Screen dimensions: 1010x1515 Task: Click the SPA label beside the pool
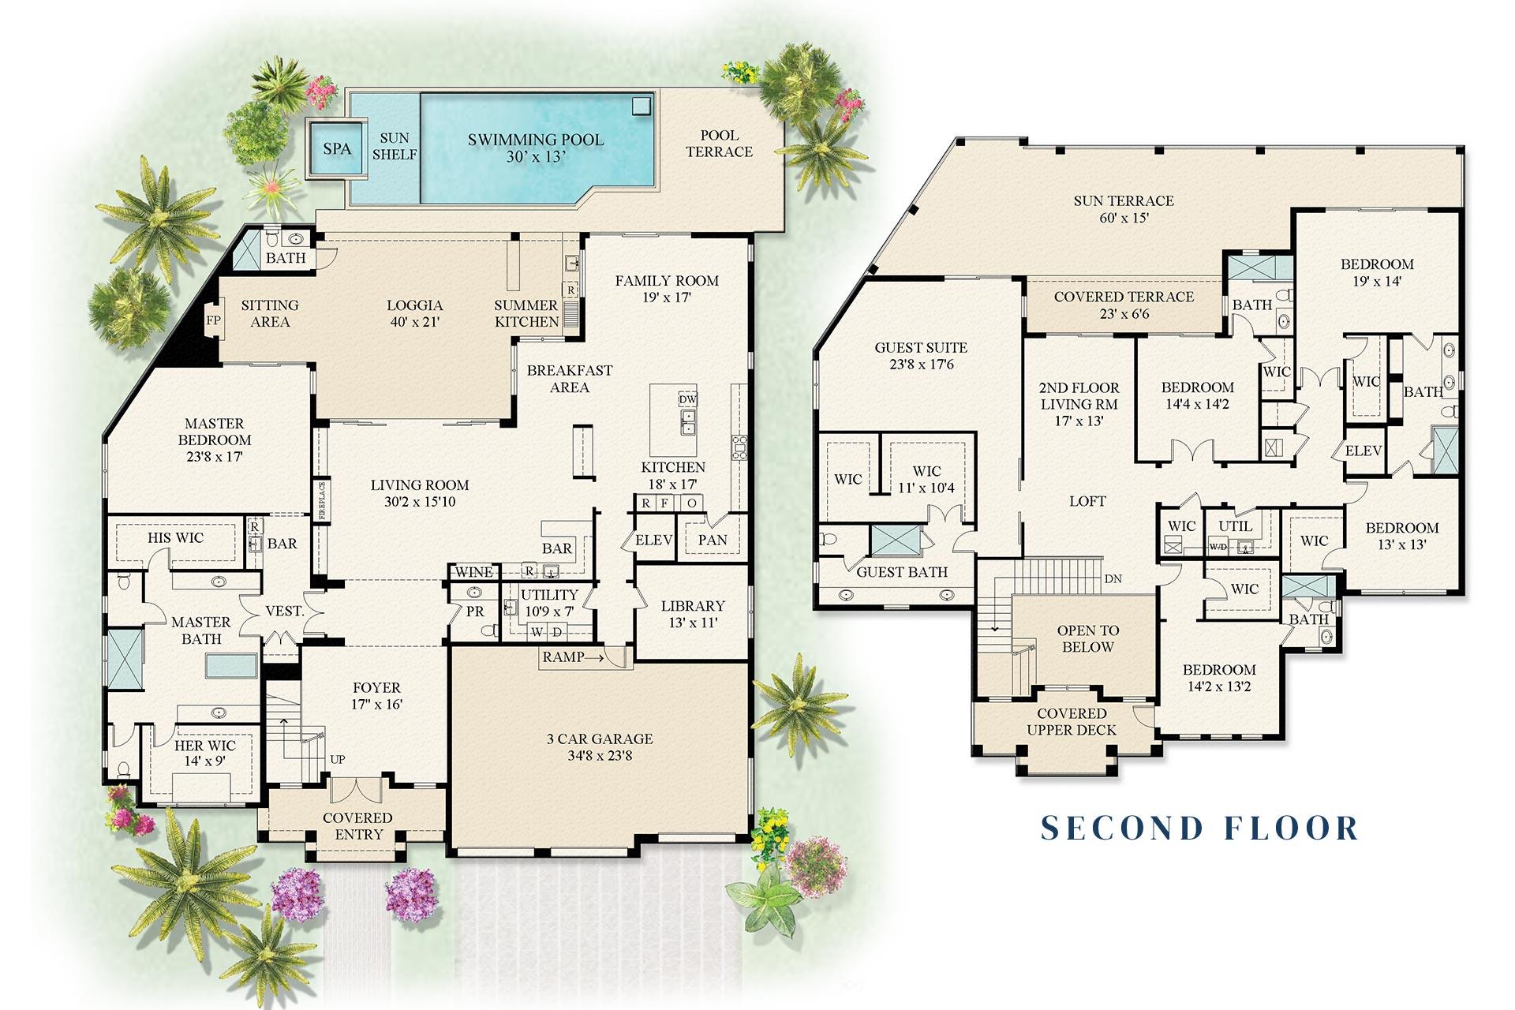pyautogui.click(x=337, y=148)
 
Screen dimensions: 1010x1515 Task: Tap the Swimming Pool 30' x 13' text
pyautogui.click(x=535, y=148)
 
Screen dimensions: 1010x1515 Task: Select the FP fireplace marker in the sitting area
pyautogui.click(x=213, y=320)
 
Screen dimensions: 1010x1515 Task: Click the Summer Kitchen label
pyautogui.click(x=526, y=313)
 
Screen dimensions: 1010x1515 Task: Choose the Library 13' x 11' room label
pyautogui.click(x=693, y=614)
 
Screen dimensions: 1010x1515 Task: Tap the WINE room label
pyautogui.click(x=474, y=572)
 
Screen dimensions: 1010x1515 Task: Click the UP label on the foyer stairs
pyautogui.click(x=338, y=760)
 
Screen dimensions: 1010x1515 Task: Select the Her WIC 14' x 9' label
pyautogui.click(x=205, y=753)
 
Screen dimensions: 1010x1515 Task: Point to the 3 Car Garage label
pyautogui.click(x=600, y=746)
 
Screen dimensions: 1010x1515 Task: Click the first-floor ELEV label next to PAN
pyautogui.click(x=653, y=540)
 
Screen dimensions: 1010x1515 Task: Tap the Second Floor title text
pyautogui.click(x=1199, y=828)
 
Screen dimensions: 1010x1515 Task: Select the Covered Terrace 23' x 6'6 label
pyautogui.click(x=1124, y=305)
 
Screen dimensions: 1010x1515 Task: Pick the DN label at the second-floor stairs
pyautogui.click(x=1113, y=578)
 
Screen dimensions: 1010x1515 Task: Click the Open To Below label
pyautogui.click(x=1087, y=638)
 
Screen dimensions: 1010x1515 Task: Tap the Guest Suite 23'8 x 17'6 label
pyautogui.click(x=921, y=356)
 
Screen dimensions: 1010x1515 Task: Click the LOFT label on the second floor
pyautogui.click(x=1087, y=501)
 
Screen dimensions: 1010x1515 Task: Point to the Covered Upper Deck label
pyautogui.click(x=1071, y=722)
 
